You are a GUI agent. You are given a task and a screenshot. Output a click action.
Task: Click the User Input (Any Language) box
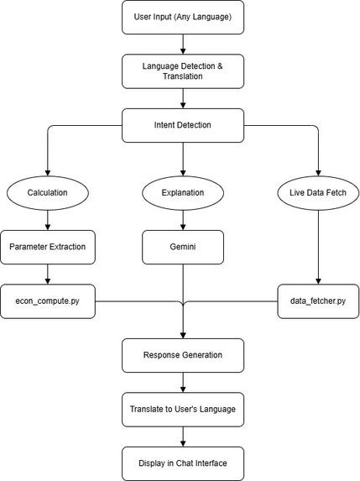point(183,17)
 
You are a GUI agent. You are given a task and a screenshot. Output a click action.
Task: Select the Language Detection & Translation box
point(183,71)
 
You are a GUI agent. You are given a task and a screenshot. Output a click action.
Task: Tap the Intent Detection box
point(183,125)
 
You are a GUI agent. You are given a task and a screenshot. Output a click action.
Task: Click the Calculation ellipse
point(48,193)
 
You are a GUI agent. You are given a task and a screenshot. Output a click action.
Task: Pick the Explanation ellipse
point(183,193)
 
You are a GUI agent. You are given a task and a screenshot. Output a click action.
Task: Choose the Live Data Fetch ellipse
point(318,193)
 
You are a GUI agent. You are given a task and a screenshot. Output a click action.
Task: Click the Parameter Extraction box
point(48,248)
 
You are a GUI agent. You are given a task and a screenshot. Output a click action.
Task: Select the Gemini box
point(183,248)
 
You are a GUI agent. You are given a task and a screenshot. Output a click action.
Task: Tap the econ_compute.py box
point(48,301)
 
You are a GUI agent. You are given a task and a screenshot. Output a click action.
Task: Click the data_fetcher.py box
point(318,301)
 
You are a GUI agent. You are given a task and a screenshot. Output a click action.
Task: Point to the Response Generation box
point(183,356)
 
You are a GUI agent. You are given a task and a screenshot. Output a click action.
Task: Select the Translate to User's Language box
point(183,410)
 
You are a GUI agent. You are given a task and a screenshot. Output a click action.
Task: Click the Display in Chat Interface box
point(183,463)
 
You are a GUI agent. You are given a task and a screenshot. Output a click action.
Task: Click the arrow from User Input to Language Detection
point(183,44)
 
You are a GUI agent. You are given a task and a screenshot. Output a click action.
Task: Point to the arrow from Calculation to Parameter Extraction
point(48,220)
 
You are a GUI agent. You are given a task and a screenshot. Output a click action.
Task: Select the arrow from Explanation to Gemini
point(183,220)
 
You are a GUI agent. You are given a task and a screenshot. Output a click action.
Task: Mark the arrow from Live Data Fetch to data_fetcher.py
point(318,248)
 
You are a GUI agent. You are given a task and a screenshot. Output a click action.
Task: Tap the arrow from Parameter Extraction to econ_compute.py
point(48,274)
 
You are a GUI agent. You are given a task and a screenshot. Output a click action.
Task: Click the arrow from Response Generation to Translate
point(183,383)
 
